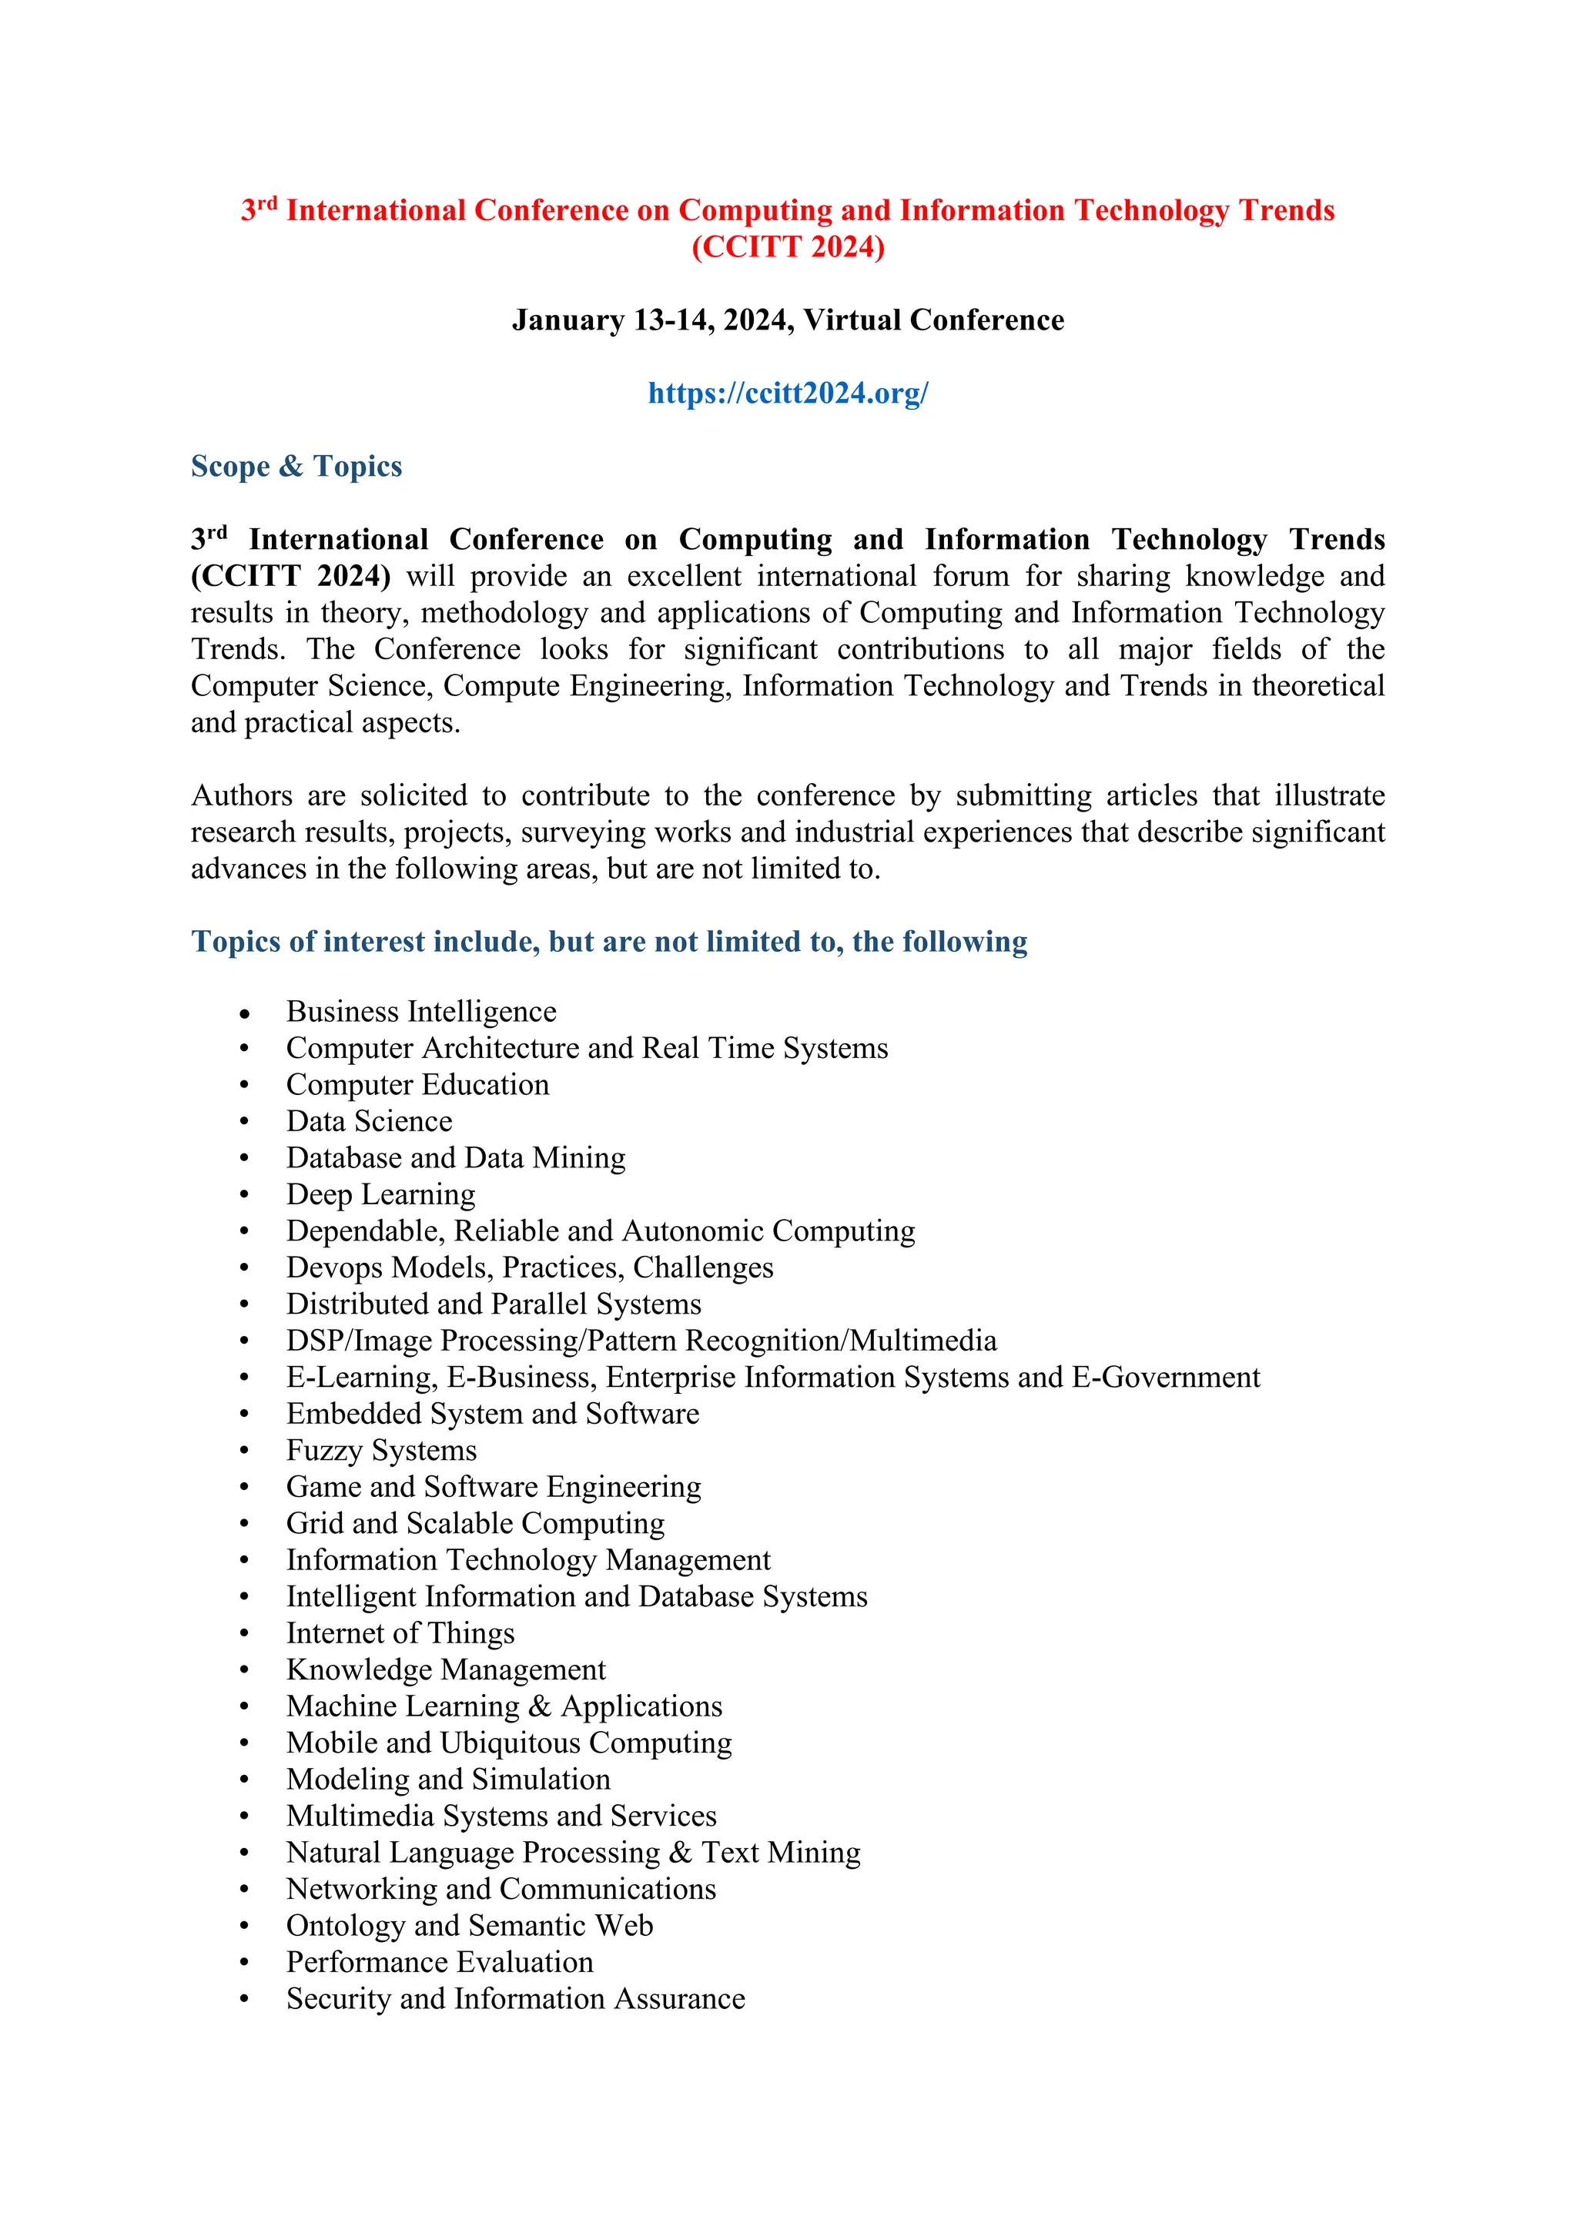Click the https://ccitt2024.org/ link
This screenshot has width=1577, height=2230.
tap(788, 393)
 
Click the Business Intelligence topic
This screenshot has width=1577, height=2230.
tap(420, 1012)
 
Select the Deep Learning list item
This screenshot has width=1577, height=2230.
tap(380, 1194)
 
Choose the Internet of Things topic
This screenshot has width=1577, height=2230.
tap(400, 1634)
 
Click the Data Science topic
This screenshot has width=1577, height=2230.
tap(369, 1122)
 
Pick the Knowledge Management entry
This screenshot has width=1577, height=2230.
tap(446, 1669)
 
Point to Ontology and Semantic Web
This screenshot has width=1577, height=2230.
tap(469, 1926)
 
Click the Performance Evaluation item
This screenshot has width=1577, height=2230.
tap(439, 1962)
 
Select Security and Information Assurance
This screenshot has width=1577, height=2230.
tap(516, 1999)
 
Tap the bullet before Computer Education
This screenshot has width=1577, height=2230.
tap(245, 1086)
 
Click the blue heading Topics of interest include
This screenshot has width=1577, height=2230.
tap(609, 942)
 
